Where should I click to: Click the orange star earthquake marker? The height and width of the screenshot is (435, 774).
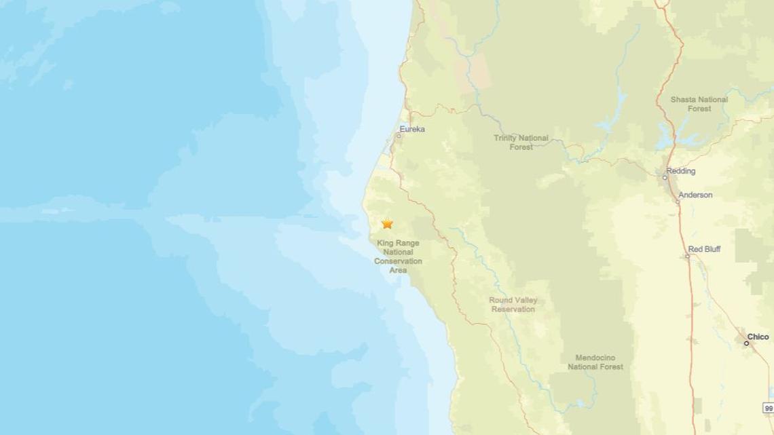pos(387,224)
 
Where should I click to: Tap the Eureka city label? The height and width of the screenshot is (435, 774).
pos(412,129)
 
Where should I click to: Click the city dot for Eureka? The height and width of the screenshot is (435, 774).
pos(399,136)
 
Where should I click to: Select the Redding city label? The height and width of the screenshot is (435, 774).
pos(681,171)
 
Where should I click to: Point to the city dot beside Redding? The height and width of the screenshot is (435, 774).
pos(665,178)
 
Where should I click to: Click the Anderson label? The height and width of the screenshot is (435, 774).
pos(695,195)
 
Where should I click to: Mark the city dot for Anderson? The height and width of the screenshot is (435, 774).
pos(678,202)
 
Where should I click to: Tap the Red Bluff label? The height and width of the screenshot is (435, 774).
pos(704,249)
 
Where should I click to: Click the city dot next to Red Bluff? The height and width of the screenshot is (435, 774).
pos(686,256)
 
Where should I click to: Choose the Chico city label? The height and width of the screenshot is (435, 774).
pos(758,337)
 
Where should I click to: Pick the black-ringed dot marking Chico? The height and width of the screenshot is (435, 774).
pos(746,343)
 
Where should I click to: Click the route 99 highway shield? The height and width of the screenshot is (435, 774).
pos(768,408)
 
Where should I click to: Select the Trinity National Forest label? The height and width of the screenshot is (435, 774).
pos(521,142)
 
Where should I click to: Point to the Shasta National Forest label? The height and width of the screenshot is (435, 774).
pos(699,104)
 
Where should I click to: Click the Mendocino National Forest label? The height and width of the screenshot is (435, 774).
pos(595,362)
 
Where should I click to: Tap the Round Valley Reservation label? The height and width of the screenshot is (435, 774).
pos(513,305)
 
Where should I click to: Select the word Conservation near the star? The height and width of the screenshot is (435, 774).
pos(398,261)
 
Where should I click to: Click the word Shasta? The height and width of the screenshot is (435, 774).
pos(684,99)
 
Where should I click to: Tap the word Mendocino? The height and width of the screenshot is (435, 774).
pos(595,358)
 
